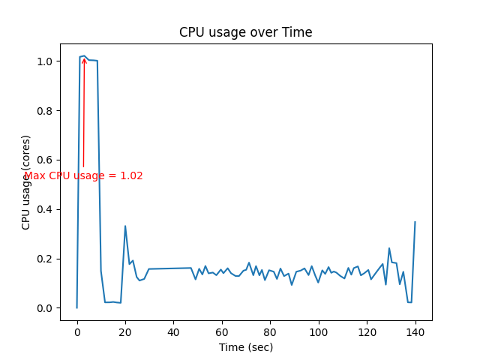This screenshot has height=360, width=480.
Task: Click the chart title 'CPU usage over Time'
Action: [245, 32]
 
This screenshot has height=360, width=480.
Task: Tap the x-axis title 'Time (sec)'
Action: [245, 347]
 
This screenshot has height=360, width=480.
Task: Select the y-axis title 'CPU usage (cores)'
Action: [26, 182]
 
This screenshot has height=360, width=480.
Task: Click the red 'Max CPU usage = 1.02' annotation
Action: [83, 176]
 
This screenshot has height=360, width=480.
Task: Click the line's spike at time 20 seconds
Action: [125, 226]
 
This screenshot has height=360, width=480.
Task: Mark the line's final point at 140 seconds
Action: [415, 222]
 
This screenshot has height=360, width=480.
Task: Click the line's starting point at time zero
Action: [76, 307]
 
